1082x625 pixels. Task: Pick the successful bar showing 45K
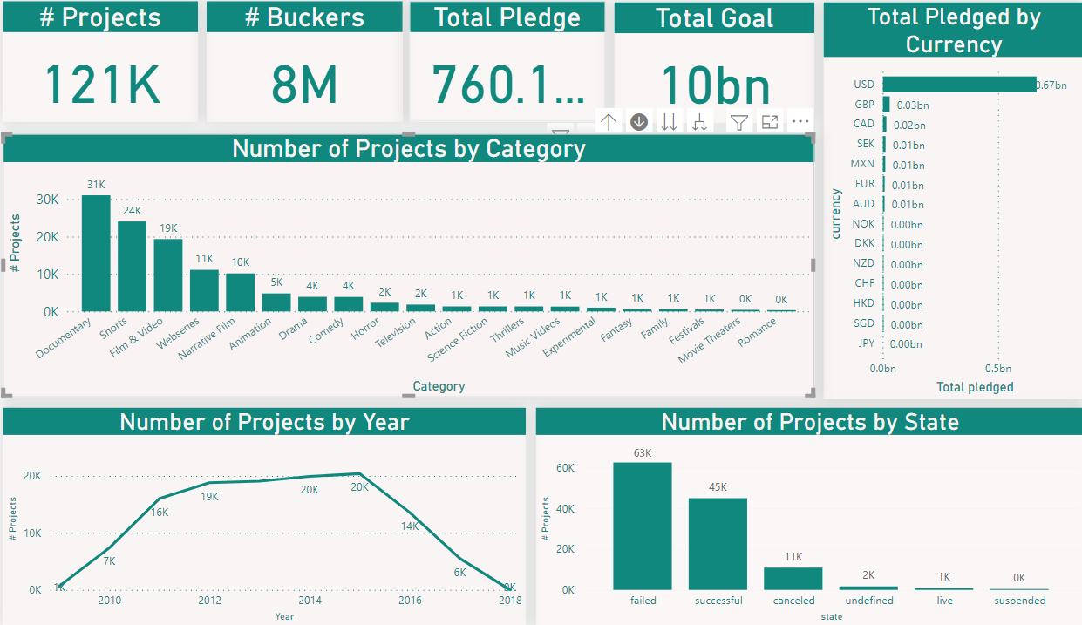coord(718,544)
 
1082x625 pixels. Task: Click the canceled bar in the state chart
coord(793,579)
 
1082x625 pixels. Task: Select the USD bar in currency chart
coord(958,85)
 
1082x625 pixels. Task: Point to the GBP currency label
coord(864,105)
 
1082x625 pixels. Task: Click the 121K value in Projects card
coord(102,85)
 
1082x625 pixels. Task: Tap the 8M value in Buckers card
coord(304,85)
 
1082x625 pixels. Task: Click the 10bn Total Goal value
coord(715,86)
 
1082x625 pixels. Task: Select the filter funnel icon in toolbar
coord(739,123)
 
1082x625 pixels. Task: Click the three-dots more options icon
coord(800,123)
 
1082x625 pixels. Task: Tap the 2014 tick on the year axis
coord(310,601)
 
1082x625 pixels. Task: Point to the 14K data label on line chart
coord(411,526)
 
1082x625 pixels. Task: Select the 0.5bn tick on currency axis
coord(998,369)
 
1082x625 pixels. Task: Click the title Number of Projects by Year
coord(264,422)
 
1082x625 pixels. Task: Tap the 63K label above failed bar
coord(643,452)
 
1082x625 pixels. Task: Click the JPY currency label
coord(866,343)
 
